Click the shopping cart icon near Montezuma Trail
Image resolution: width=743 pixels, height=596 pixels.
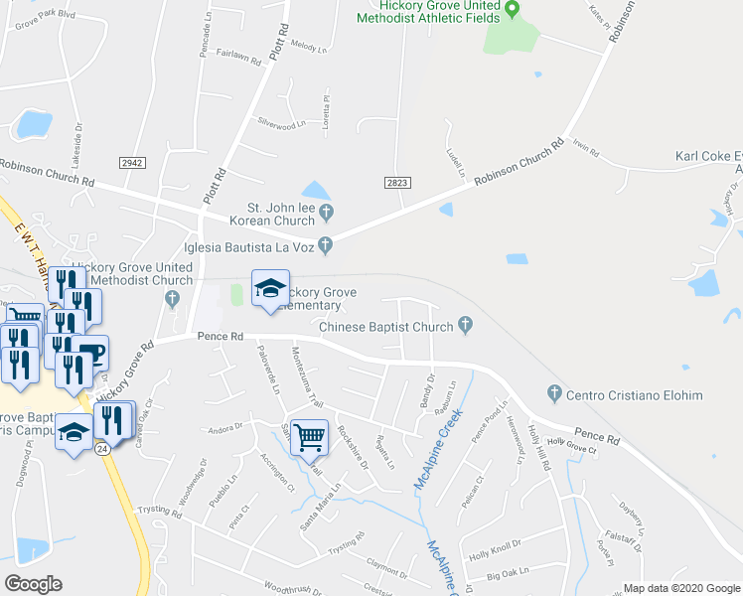pyautogui.click(x=310, y=435)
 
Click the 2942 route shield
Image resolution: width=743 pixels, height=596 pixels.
pyautogui.click(x=131, y=162)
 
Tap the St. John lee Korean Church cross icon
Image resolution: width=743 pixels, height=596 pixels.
pyautogui.click(x=327, y=210)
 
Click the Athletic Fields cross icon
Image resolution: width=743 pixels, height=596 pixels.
pyautogui.click(x=513, y=11)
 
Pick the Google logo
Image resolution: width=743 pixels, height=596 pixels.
pyautogui.click(x=33, y=584)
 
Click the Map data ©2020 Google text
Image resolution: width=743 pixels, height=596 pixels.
pyautogui.click(x=681, y=588)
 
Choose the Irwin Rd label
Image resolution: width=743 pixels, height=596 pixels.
pyautogui.click(x=587, y=150)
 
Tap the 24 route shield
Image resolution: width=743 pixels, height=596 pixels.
pyautogui.click(x=102, y=448)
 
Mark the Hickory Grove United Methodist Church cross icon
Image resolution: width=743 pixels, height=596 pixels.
pyautogui.click(x=173, y=297)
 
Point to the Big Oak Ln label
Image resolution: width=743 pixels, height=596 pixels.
pyautogui.click(x=508, y=573)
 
